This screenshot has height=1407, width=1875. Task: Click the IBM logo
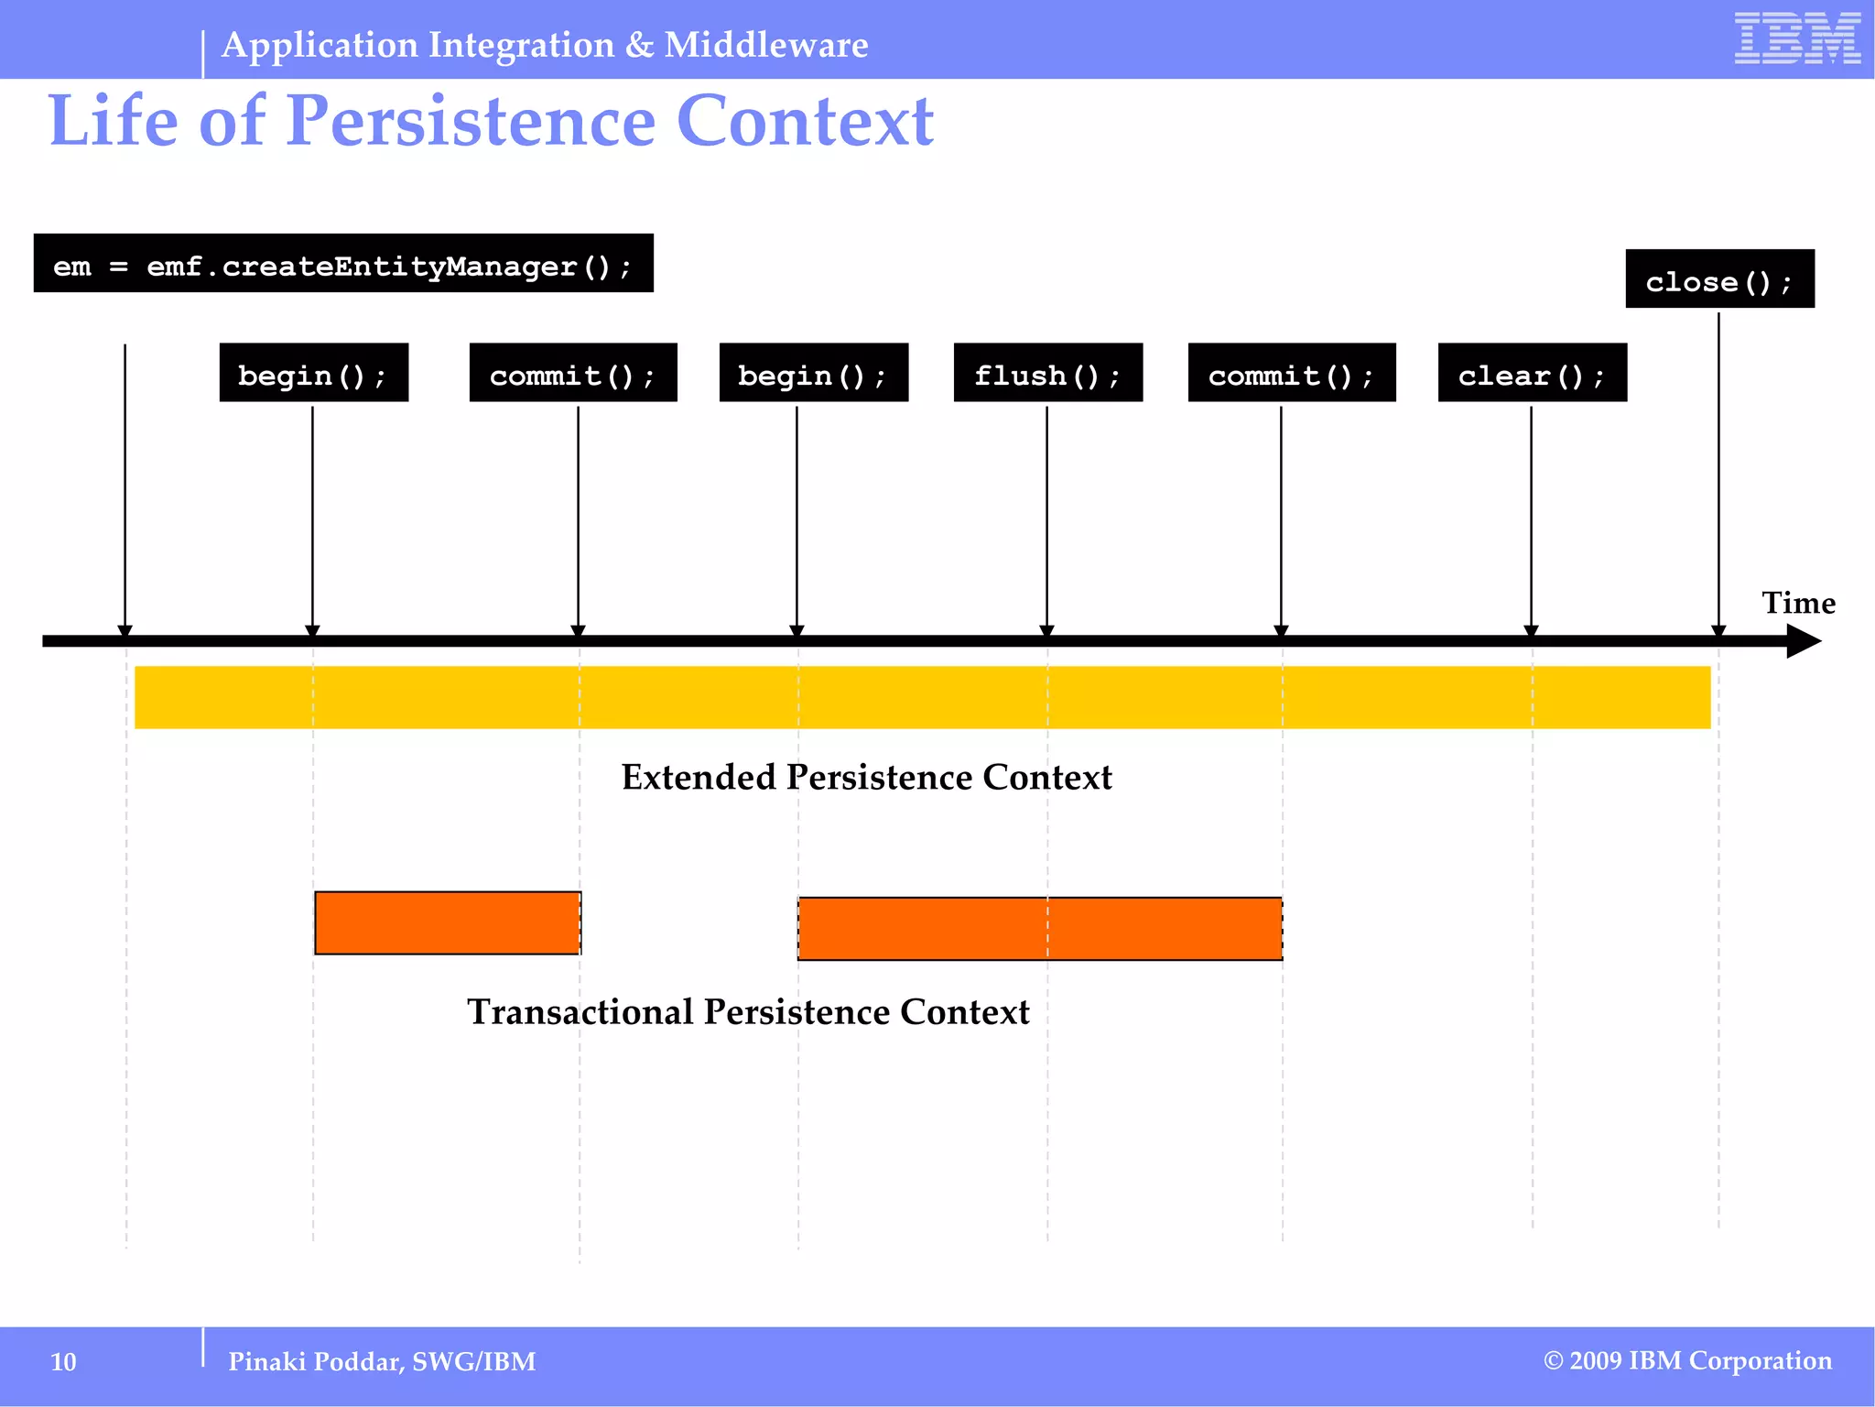pyautogui.click(x=1796, y=38)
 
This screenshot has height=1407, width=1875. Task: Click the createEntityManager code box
pyautogui.click(x=343, y=264)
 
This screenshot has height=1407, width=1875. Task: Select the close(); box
pyautogui.click(x=1719, y=279)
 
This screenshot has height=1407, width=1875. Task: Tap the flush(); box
pyautogui.click(x=1047, y=373)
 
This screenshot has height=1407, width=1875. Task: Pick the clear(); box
pyautogui.click(x=1532, y=373)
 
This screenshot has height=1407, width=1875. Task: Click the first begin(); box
pyautogui.click(x=313, y=373)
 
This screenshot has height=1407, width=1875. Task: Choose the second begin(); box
pyautogui.click(x=813, y=373)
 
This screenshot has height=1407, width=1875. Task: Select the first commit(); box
pyautogui.click(x=573, y=373)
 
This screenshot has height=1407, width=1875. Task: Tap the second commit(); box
pyautogui.click(x=1291, y=373)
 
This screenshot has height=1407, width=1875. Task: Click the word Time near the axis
pyautogui.click(x=1798, y=603)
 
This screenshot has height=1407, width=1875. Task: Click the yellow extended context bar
pyautogui.click(x=921, y=697)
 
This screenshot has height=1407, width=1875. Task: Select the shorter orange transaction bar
pyautogui.click(x=448, y=923)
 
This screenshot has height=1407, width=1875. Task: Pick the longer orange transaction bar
pyautogui.click(x=1039, y=929)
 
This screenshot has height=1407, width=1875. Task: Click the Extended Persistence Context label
pyautogui.click(x=866, y=778)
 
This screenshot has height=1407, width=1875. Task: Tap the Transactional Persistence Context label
pyautogui.click(x=748, y=1012)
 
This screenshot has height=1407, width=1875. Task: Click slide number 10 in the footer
pyautogui.click(x=63, y=1362)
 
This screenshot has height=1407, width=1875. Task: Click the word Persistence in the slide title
pyautogui.click(x=471, y=121)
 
